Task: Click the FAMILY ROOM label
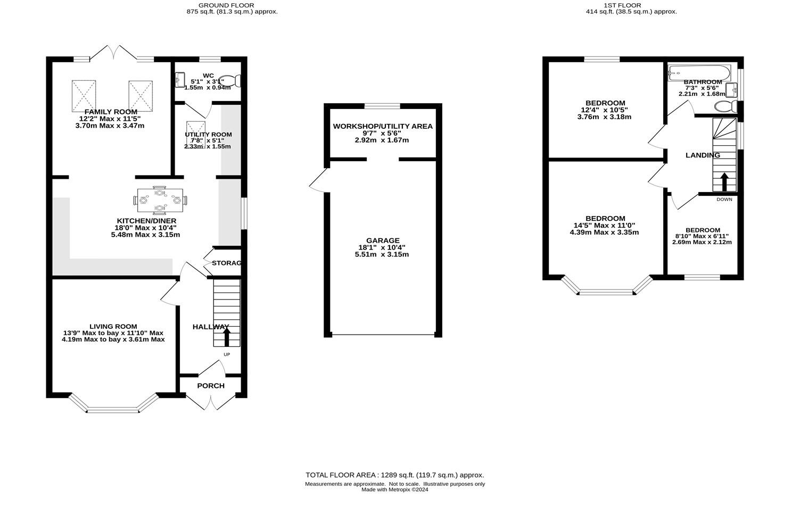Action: tap(107, 112)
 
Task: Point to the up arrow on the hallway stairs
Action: tap(226, 337)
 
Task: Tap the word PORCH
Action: tap(211, 386)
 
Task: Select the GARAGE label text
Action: tap(382, 240)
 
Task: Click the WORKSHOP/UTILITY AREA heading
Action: tap(383, 126)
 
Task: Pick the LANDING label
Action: tap(703, 155)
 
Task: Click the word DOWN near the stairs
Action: tap(724, 200)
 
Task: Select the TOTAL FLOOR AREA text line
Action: tap(394, 475)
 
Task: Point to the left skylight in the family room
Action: tap(84, 96)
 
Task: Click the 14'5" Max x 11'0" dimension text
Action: tap(604, 225)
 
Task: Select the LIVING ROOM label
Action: tap(113, 326)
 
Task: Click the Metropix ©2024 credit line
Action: tap(394, 489)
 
